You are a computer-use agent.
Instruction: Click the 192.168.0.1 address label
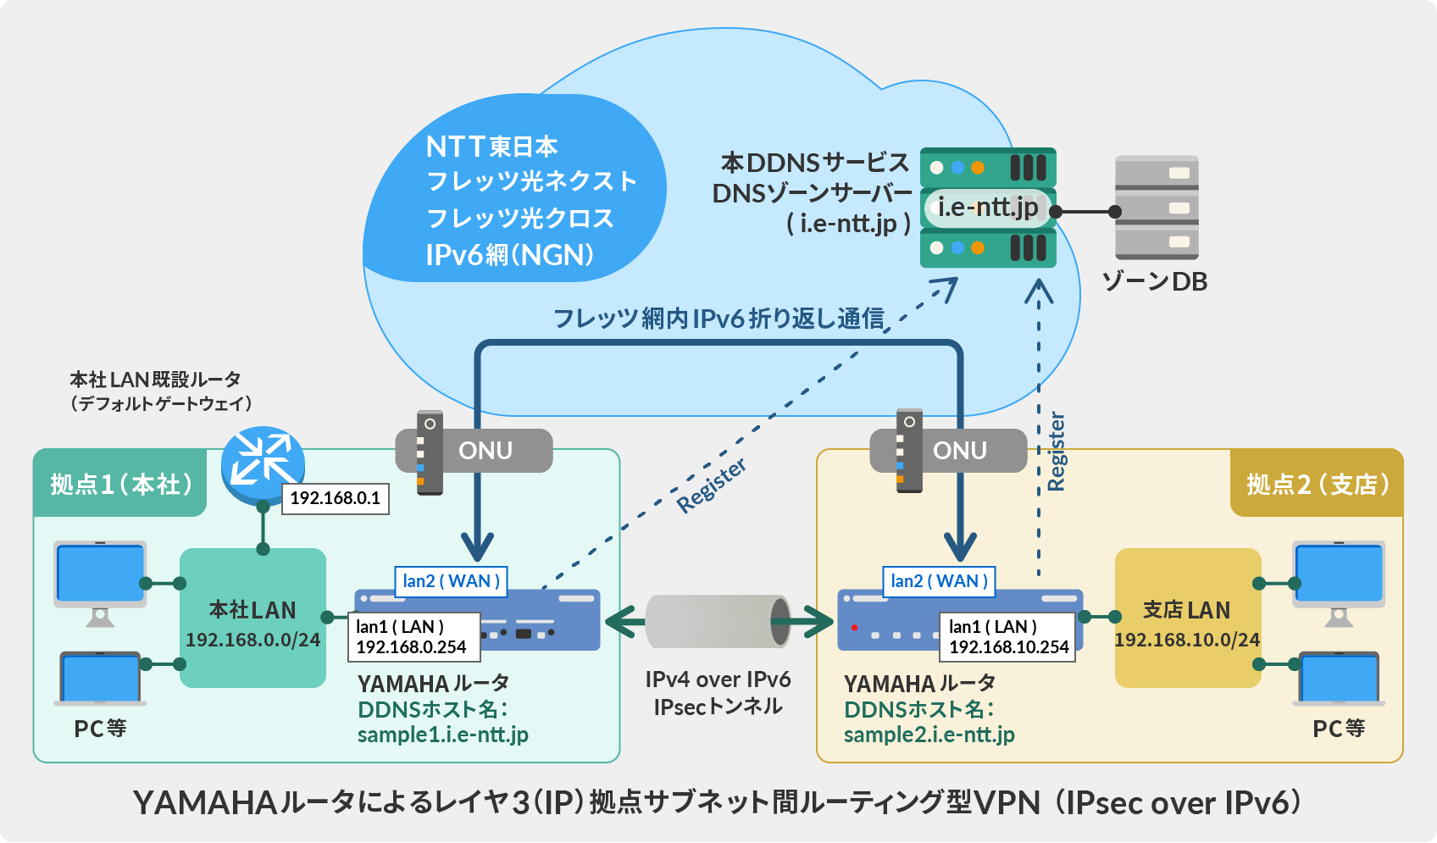click(335, 498)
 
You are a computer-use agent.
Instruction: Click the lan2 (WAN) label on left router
click(451, 581)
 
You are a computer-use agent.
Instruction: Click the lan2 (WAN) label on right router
click(939, 581)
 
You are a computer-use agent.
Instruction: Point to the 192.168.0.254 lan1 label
click(413, 637)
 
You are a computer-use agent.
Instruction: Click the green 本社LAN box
click(252, 618)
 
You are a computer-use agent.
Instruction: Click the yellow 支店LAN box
click(1186, 618)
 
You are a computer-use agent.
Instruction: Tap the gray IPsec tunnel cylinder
click(717, 622)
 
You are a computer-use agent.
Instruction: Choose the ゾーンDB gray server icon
click(1157, 208)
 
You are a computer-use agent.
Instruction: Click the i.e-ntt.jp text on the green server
click(988, 207)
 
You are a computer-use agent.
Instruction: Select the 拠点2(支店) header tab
click(1317, 484)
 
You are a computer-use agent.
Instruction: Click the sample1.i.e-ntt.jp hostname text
click(442, 735)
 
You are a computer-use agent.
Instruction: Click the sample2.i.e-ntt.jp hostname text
click(929, 735)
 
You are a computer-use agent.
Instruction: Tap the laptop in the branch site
click(1339, 678)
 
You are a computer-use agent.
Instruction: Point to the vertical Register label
click(1056, 451)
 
